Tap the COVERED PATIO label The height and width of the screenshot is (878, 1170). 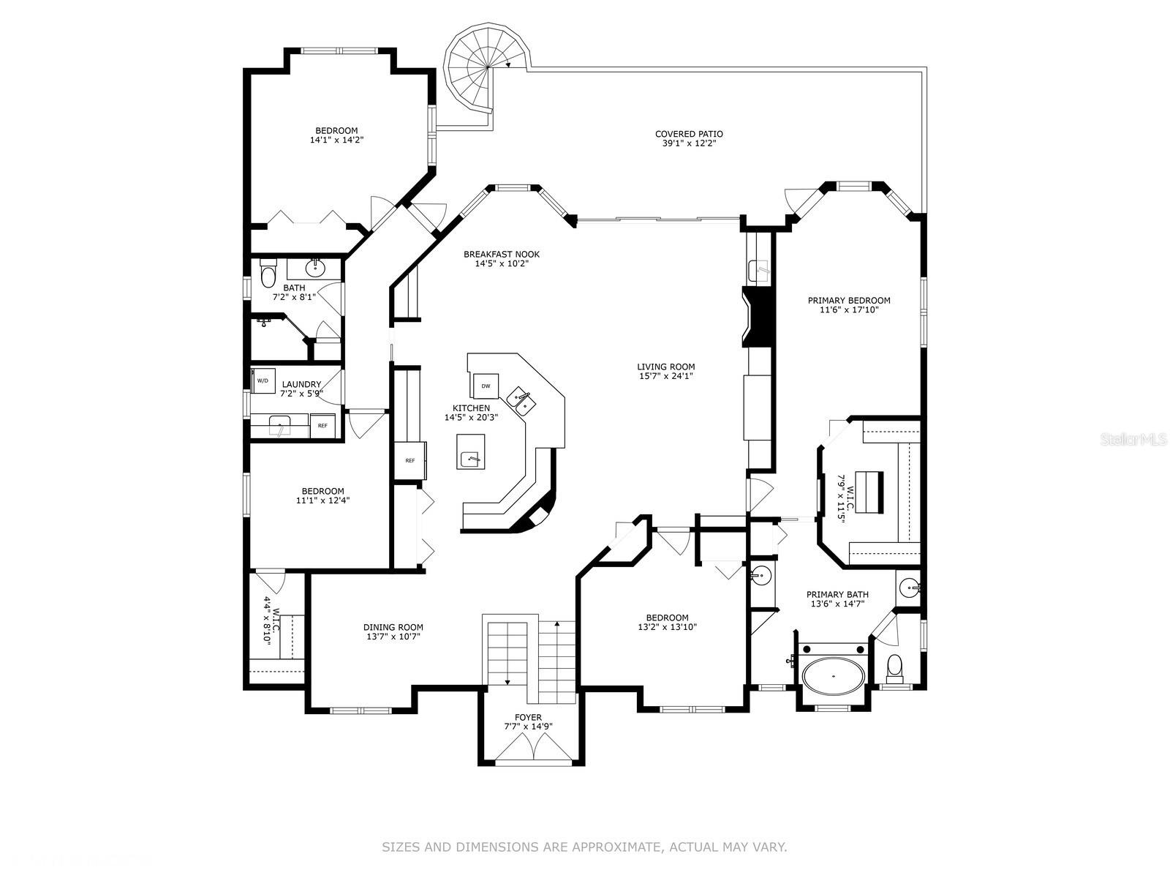(x=688, y=134)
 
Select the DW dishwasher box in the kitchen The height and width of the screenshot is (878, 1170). (x=486, y=386)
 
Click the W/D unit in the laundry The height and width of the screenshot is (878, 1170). (x=263, y=380)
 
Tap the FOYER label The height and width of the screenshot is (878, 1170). (x=528, y=717)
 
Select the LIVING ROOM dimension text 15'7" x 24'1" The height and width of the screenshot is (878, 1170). (x=665, y=376)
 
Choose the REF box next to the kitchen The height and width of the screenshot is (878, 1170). (x=410, y=460)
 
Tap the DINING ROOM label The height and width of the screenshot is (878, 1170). (x=393, y=627)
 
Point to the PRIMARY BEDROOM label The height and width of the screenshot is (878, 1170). (x=848, y=300)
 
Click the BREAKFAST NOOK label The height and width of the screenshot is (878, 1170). (x=501, y=255)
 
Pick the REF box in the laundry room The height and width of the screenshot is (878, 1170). (x=322, y=425)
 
